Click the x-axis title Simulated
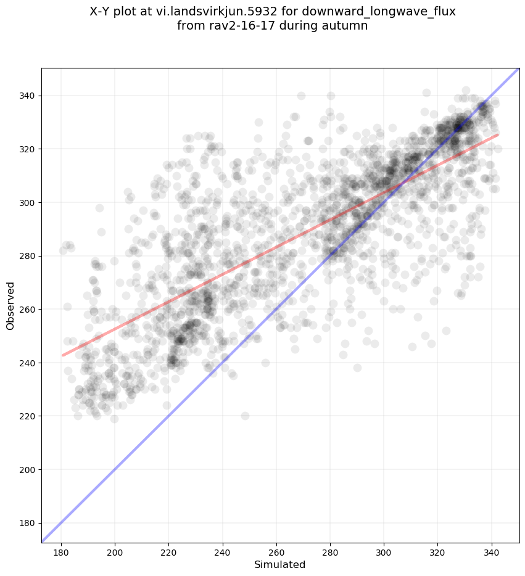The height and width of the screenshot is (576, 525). tap(280, 564)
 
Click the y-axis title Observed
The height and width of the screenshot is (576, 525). tap(10, 305)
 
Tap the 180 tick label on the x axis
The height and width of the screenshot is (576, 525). tap(62, 551)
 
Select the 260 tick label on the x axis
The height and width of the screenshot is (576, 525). tap(276, 551)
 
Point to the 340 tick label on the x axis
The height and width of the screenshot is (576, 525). tap(492, 551)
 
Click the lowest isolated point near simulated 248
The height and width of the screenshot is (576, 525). tap(245, 416)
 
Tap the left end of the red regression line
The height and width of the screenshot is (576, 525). tap(62, 355)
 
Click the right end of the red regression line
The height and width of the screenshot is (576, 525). tap(497, 134)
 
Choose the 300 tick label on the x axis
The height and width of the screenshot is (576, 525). tap(384, 551)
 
